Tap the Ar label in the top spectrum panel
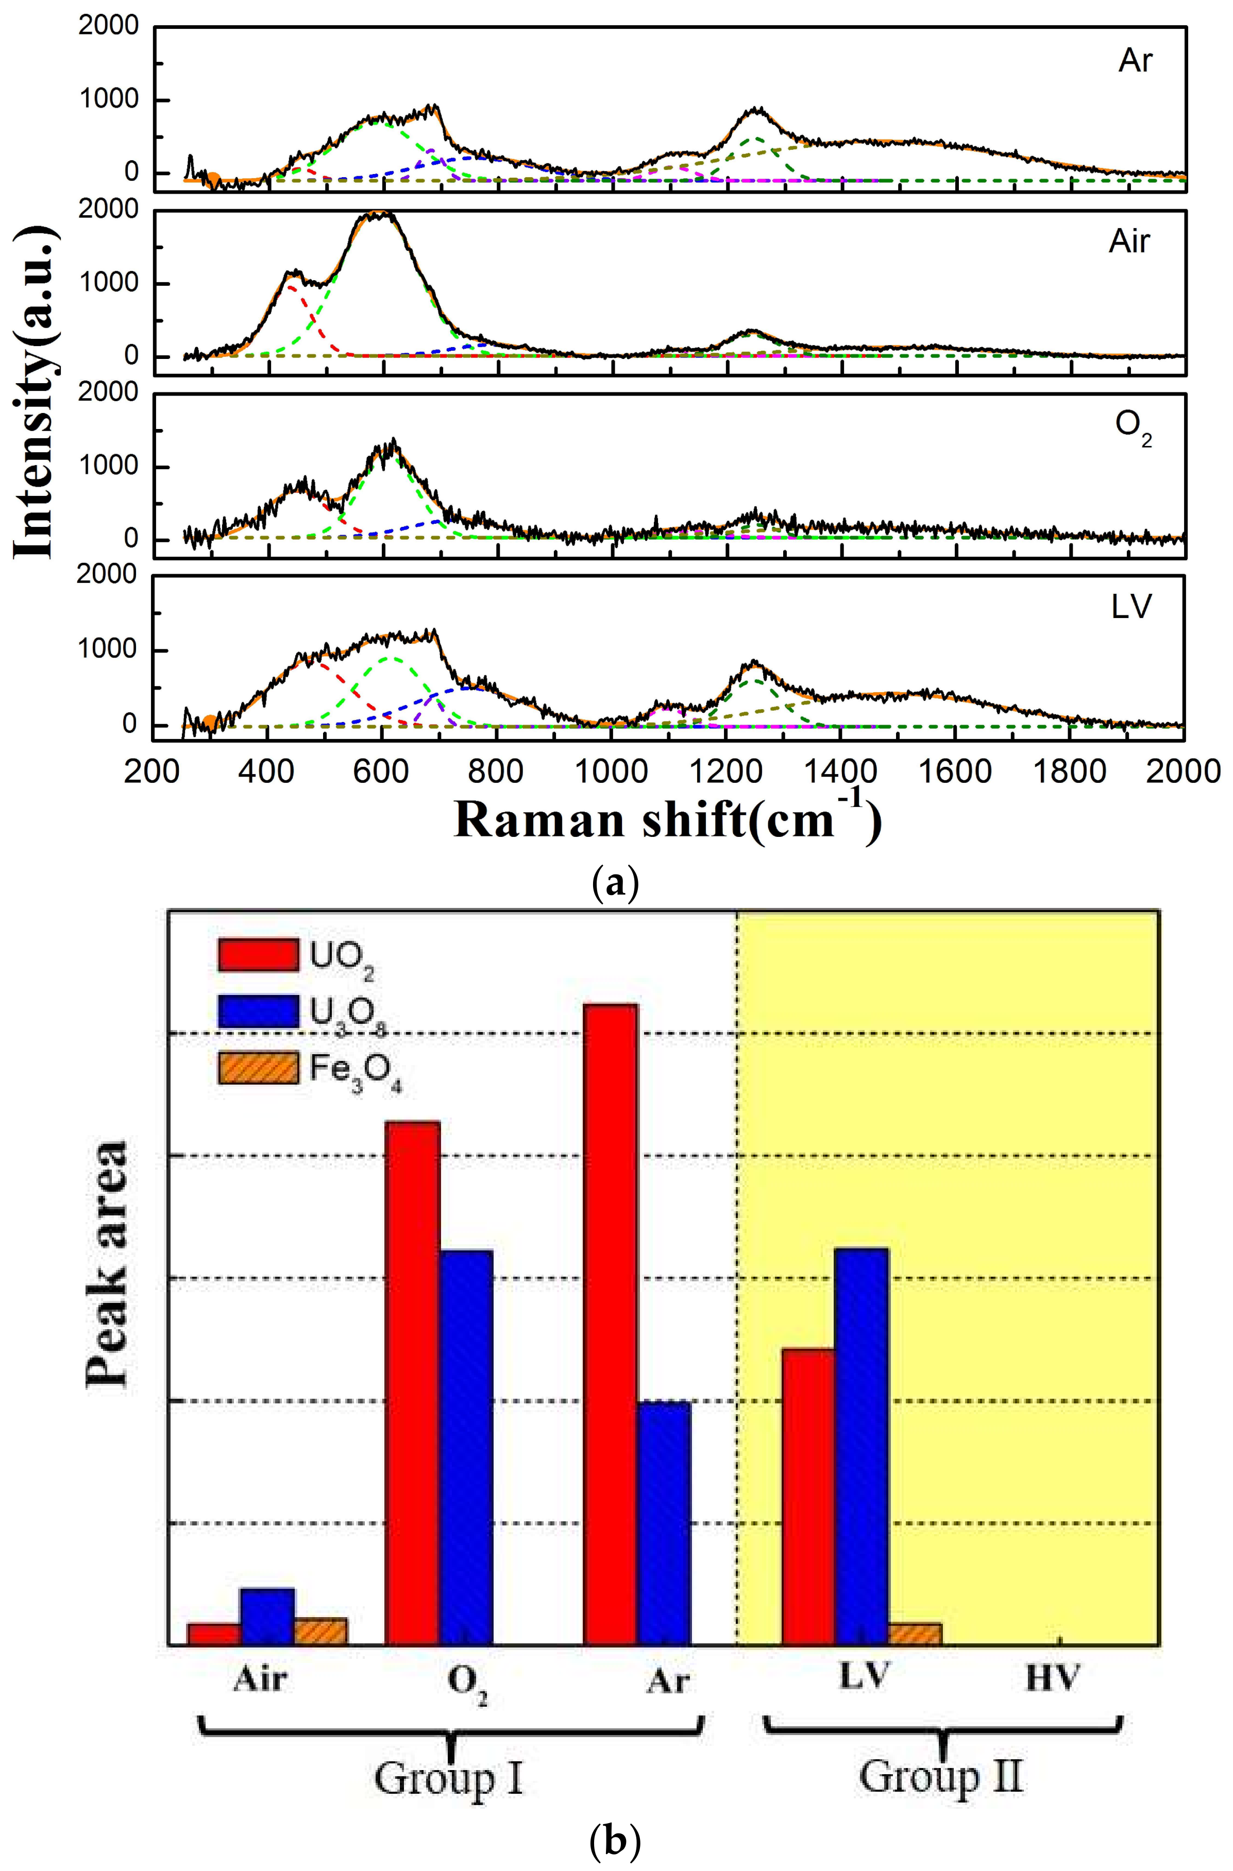point(1135,61)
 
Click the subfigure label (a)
point(614,884)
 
